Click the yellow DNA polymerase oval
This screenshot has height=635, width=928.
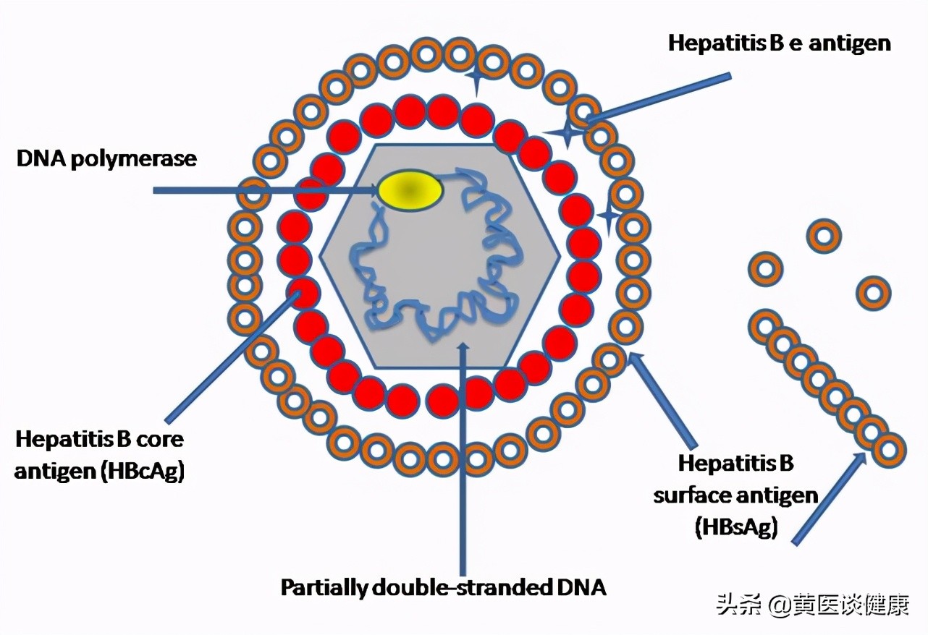410,190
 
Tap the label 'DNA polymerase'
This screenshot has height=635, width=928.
106,158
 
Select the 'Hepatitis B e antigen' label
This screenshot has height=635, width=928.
779,43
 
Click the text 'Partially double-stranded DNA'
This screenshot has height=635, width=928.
443,587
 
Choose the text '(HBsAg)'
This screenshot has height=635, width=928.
736,527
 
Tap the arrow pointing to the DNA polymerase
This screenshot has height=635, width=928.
261,191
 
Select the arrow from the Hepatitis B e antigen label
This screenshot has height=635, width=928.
659,97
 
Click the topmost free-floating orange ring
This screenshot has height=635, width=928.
824,236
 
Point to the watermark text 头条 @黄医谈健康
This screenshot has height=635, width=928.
811,604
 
